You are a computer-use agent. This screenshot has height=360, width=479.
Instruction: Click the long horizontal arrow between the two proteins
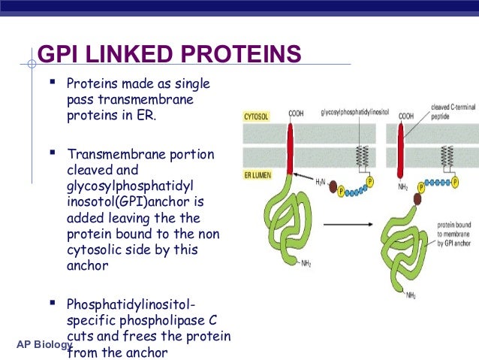(x=353, y=223)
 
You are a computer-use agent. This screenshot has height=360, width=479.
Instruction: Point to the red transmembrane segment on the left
(x=293, y=147)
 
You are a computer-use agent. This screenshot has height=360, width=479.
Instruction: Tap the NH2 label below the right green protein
(x=410, y=296)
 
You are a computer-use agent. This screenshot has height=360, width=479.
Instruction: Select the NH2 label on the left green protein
(x=306, y=263)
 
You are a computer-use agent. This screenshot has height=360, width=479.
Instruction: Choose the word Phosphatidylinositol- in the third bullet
(x=131, y=304)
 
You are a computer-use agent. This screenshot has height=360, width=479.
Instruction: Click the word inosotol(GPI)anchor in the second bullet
(x=131, y=202)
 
